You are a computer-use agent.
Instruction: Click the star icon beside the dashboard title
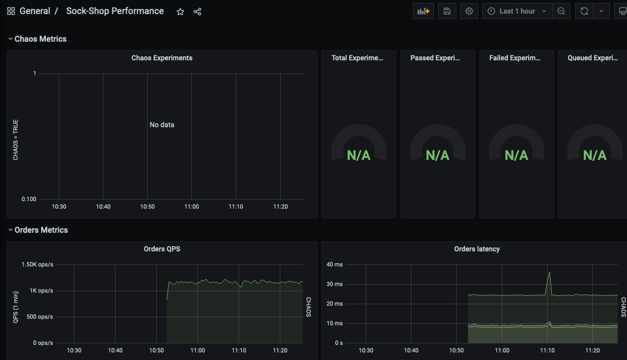pyautogui.click(x=180, y=12)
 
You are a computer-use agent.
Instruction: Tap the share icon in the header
pyautogui.click(x=197, y=12)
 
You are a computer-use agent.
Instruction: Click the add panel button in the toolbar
pyautogui.click(x=424, y=11)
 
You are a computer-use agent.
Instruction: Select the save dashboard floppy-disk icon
pyautogui.click(x=447, y=11)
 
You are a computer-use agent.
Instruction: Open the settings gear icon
pyautogui.click(x=469, y=11)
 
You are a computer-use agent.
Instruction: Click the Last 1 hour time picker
pyautogui.click(x=517, y=11)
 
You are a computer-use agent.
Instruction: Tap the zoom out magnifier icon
pyautogui.click(x=561, y=11)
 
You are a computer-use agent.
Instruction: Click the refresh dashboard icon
pyautogui.click(x=584, y=11)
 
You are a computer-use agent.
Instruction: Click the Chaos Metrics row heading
pyautogui.click(x=40, y=39)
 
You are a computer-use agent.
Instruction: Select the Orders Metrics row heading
pyautogui.click(x=41, y=230)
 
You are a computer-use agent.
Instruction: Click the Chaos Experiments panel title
pyautogui.click(x=162, y=58)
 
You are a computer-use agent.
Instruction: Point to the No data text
pyautogui.click(x=162, y=125)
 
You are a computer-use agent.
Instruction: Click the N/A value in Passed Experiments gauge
pyautogui.click(x=438, y=155)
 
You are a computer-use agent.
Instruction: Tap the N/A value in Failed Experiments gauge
pyautogui.click(x=516, y=155)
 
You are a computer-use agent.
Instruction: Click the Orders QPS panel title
pyautogui.click(x=162, y=249)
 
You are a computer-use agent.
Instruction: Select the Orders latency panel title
pyautogui.click(x=477, y=249)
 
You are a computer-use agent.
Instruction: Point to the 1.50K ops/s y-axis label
pyautogui.click(x=37, y=264)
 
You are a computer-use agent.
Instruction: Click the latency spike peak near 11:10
pyautogui.click(x=550, y=273)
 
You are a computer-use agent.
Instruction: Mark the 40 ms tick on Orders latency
pyautogui.click(x=335, y=264)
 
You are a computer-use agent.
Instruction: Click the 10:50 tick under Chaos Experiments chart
pyautogui.click(x=147, y=207)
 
